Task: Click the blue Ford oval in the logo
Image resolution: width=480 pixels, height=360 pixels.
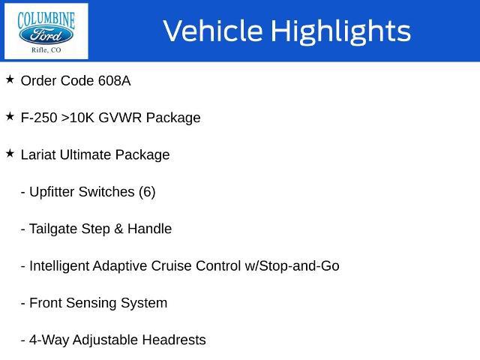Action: point(46,35)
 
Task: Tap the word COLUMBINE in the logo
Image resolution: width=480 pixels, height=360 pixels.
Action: point(46,19)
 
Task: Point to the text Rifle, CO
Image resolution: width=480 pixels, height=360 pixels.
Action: point(46,50)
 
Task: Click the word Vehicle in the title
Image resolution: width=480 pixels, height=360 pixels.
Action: point(213,31)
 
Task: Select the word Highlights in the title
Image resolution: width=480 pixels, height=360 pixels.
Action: point(341,31)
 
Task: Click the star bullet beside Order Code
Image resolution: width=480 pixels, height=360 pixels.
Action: point(10,79)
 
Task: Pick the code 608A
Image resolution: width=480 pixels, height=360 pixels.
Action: point(115,81)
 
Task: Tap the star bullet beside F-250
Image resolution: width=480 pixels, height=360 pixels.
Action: point(10,116)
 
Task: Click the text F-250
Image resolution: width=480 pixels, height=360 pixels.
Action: point(39,118)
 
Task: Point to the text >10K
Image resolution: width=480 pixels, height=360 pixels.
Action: point(78,118)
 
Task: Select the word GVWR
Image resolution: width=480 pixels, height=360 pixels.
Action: point(120,118)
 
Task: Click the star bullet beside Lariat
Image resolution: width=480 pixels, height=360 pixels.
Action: point(10,153)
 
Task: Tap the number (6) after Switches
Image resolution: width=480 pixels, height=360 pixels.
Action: point(147,192)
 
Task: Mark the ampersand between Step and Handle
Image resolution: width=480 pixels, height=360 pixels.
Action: point(118,229)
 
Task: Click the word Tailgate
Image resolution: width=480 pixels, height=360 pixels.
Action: point(53,229)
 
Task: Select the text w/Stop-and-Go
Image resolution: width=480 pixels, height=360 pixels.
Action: point(292,265)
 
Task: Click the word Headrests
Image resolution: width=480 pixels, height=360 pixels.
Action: point(174,340)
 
